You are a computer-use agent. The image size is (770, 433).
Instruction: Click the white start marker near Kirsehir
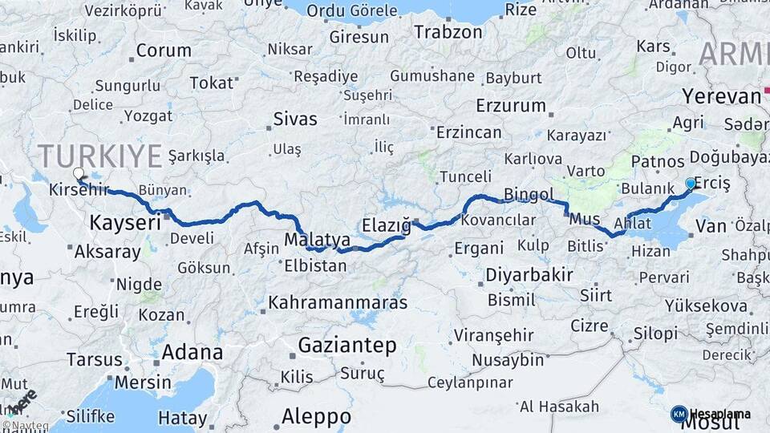click(79, 173)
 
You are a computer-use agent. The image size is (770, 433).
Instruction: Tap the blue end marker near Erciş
click(691, 184)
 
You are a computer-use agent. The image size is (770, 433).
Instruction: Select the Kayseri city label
click(125, 222)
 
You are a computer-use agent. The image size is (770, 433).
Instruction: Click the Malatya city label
click(318, 240)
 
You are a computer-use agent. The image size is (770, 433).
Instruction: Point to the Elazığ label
click(386, 225)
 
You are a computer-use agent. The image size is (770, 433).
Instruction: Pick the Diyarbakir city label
click(529, 275)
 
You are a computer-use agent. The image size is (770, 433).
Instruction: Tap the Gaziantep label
click(347, 346)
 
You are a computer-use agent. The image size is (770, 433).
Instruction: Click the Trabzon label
click(448, 32)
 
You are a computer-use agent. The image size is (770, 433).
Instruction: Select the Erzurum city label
click(511, 106)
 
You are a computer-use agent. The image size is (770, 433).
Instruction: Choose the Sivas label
click(295, 119)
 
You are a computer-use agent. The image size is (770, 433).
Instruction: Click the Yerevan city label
click(721, 96)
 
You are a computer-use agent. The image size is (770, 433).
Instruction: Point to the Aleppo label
click(316, 417)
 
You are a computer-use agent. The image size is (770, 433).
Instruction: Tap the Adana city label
click(192, 352)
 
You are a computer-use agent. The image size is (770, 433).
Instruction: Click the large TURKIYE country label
click(99, 156)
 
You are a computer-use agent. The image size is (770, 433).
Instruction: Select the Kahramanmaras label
click(338, 303)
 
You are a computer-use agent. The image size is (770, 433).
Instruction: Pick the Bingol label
click(529, 194)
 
